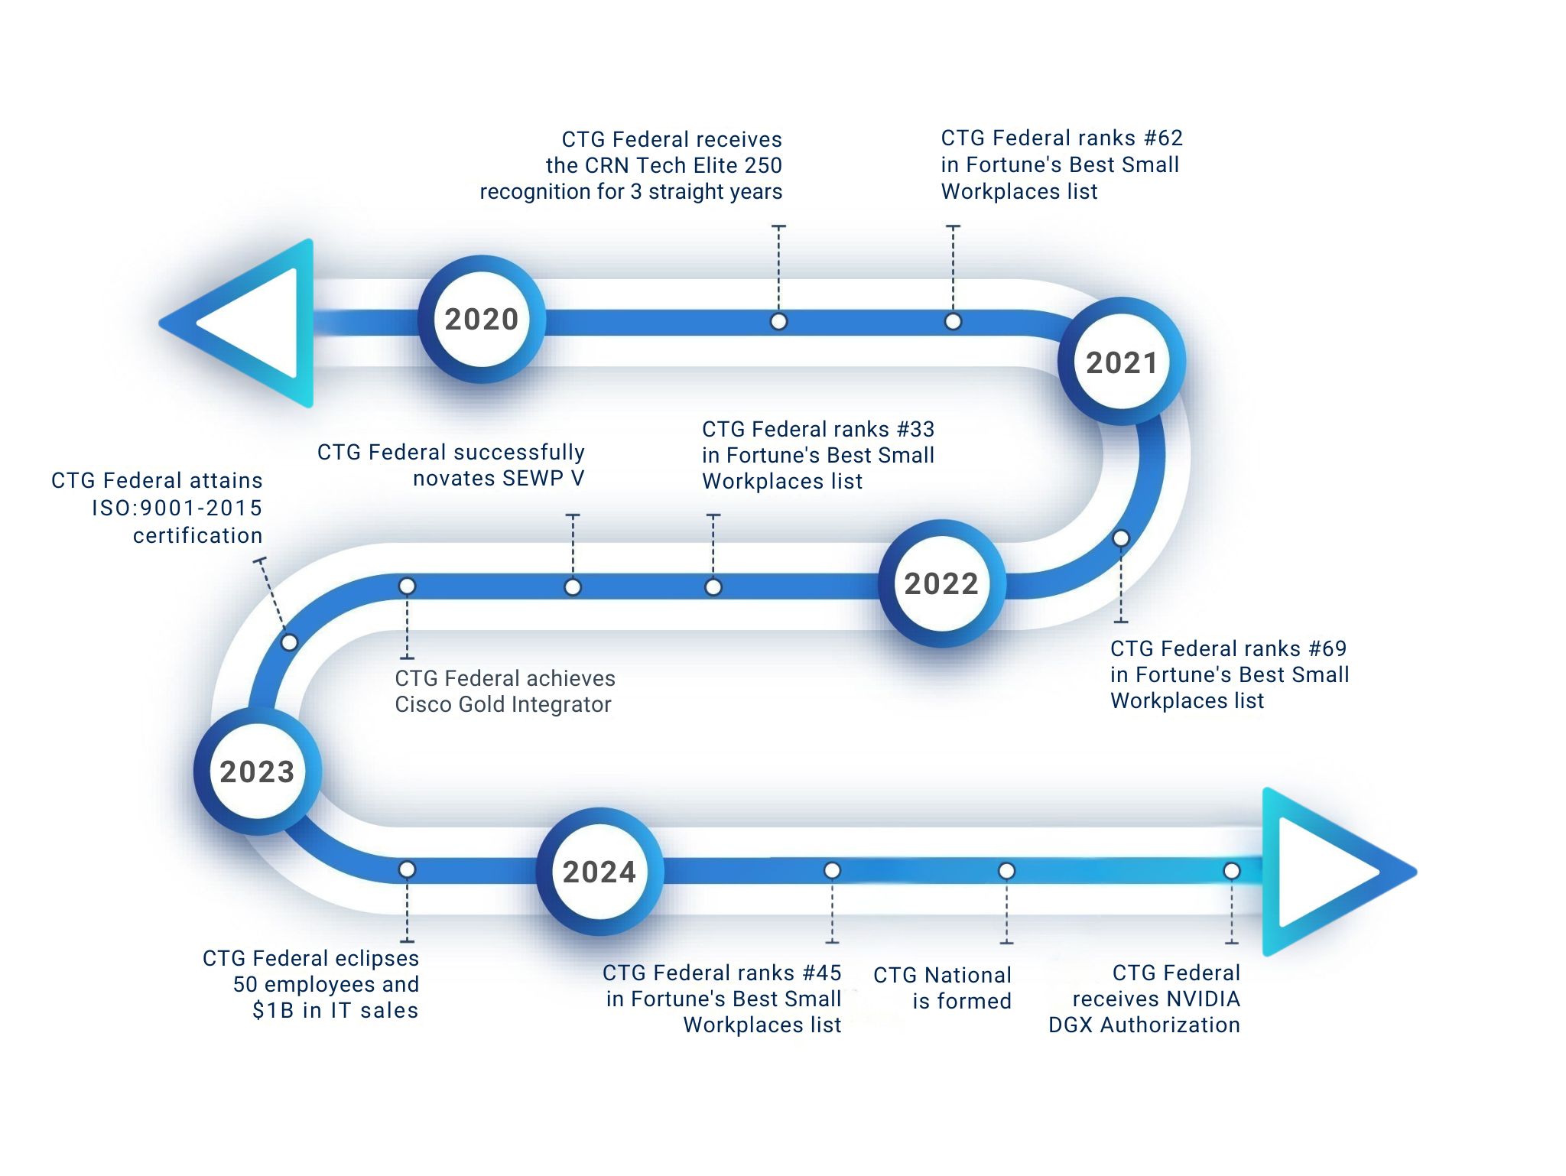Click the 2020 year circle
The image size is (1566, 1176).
(x=482, y=320)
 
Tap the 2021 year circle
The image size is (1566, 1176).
(x=1122, y=362)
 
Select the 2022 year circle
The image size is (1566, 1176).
(x=941, y=584)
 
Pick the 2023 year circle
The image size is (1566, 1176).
(x=257, y=772)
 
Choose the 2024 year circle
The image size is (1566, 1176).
(x=599, y=872)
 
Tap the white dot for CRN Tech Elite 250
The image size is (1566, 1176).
(x=778, y=322)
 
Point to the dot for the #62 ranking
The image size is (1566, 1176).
(x=953, y=322)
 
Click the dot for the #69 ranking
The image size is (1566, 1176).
(x=1121, y=538)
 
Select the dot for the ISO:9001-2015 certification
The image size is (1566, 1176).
(x=289, y=642)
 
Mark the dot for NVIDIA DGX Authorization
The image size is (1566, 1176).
(x=1231, y=871)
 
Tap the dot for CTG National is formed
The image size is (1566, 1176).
(x=1006, y=871)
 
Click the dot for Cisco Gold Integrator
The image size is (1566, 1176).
(x=407, y=586)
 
